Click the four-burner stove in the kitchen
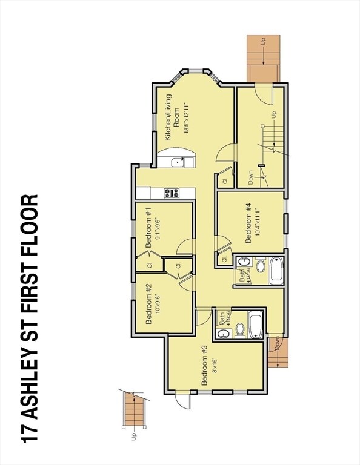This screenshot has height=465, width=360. pos(172,193)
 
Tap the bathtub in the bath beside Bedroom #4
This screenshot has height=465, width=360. pos(276,270)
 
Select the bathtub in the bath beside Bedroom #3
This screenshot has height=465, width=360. pos(255,325)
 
